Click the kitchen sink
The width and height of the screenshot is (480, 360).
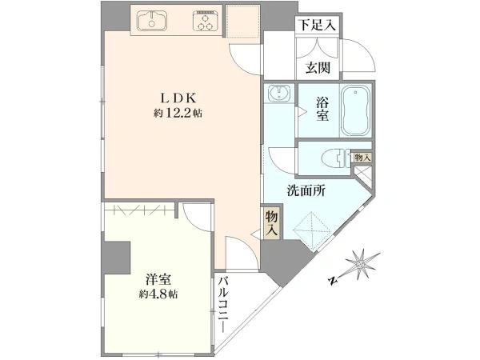pyautogui.click(x=152, y=21)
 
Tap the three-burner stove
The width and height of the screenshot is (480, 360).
pyautogui.click(x=206, y=21)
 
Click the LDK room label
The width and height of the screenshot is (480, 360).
pyautogui.click(x=178, y=98)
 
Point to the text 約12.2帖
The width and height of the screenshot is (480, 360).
pyautogui.click(x=178, y=114)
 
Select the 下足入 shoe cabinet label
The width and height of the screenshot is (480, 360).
pyautogui.click(x=317, y=25)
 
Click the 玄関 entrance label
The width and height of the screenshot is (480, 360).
pyautogui.click(x=318, y=68)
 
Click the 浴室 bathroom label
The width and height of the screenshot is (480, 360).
pyautogui.click(x=322, y=109)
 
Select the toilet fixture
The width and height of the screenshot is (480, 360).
pyautogui.click(x=336, y=158)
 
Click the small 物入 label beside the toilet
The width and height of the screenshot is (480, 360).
pyautogui.click(x=362, y=158)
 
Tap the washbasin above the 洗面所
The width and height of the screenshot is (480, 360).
pyautogui.click(x=278, y=93)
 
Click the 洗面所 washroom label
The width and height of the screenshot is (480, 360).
pyautogui.click(x=306, y=191)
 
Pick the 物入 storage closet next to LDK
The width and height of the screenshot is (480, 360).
pyautogui.click(x=272, y=222)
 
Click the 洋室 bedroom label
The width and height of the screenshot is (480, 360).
pyautogui.click(x=158, y=279)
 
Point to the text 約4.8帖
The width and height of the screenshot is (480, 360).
pyautogui.click(x=158, y=294)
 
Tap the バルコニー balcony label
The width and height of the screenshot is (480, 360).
pyautogui.click(x=224, y=305)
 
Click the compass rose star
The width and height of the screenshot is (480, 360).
pyautogui.click(x=362, y=264)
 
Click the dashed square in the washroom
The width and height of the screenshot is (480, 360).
pyautogui.click(x=312, y=228)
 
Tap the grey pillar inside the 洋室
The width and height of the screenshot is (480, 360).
pyautogui.click(x=116, y=258)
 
